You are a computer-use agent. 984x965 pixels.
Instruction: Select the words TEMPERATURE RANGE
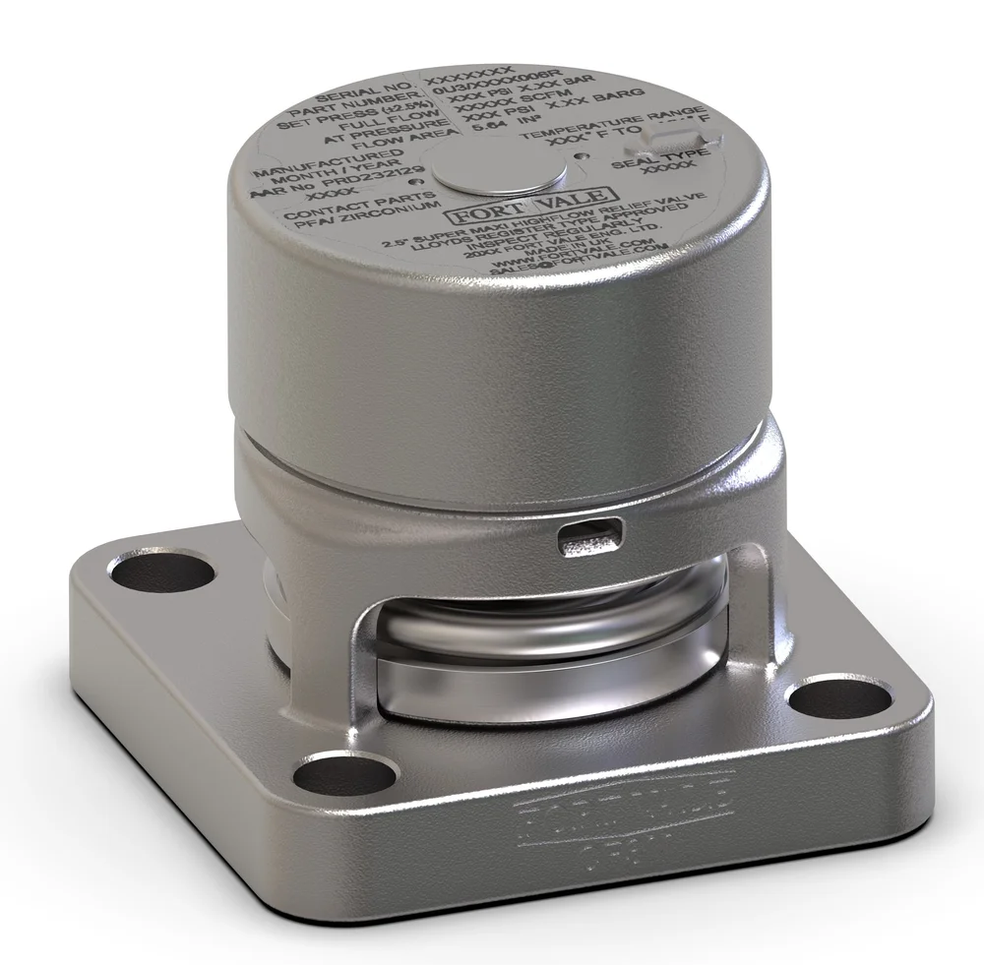611,122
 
